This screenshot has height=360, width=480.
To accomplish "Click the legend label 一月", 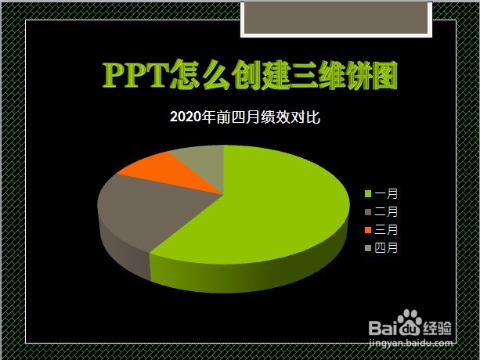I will tap(387, 193).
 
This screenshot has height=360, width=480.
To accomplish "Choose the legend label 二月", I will tap(387, 211).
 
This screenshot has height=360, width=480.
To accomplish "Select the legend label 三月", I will tap(387, 230).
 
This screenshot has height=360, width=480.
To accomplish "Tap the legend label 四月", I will tap(387, 248).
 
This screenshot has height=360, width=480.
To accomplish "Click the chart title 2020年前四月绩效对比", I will tap(245, 117).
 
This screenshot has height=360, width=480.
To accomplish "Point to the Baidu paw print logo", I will tap(411, 322).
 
